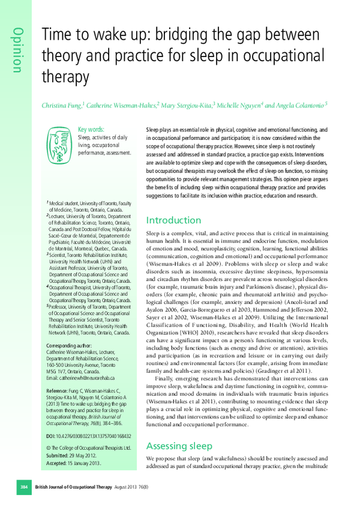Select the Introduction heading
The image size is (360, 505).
pyautogui.click(x=174, y=220)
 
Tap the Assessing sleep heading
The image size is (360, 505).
pyautogui.click(x=179, y=446)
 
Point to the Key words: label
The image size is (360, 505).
pyautogui.click(x=91, y=129)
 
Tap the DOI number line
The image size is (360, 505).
pyautogui.click(x=88, y=436)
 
